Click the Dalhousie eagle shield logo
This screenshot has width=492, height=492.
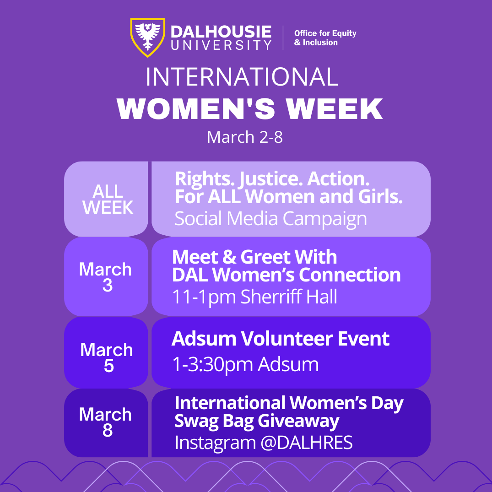tap(147, 38)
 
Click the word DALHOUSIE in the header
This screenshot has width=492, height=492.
tap(221, 32)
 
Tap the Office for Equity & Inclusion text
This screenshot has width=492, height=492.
tap(325, 38)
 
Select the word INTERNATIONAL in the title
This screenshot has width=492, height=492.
tap(242, 77)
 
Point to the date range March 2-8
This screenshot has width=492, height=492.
tap(245, 137)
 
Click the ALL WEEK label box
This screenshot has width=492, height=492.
tap(108, 200)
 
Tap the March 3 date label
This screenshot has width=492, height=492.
tap(106, 277)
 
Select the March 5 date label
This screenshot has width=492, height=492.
tap(107, 357)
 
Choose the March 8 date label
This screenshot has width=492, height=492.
tap(106, 422)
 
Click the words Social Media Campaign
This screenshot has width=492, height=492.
tap(270, 218)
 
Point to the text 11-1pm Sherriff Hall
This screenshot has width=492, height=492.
tap(254, 297)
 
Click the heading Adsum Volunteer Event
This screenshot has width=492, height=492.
tap(280, 339)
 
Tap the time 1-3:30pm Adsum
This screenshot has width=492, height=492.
tap(245, 365)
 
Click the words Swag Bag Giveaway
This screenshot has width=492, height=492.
tap(257, 421)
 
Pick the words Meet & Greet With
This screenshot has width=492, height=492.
tap(254, 257)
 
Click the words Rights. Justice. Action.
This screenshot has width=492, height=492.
tap(272, 178)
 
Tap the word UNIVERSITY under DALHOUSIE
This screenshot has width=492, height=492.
tap(221, 45)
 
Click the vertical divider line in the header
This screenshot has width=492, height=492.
tap(283, 38)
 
